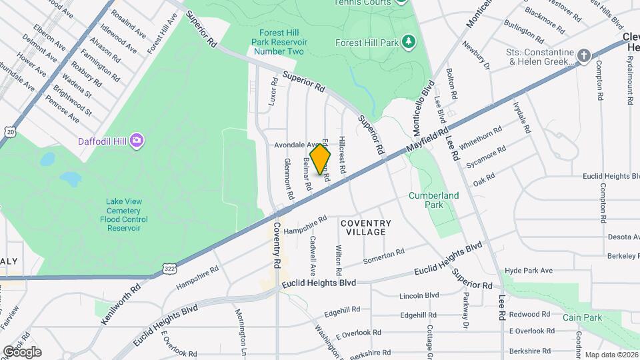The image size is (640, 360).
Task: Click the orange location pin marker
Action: tap(321, 159)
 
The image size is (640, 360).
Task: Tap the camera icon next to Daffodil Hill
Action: tap(137, 140)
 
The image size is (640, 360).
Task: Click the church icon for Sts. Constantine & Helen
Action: tap(585, 55)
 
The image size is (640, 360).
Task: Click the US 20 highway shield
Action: tap(10, 132)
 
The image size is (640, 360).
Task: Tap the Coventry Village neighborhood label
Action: tap(366, 227)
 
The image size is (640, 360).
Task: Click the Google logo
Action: tap(22, 352)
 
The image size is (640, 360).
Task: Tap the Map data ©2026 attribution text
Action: tap(610, 355)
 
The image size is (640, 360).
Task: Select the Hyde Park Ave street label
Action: tap(529, 271)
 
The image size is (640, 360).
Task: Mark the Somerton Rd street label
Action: tap(383, 255)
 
